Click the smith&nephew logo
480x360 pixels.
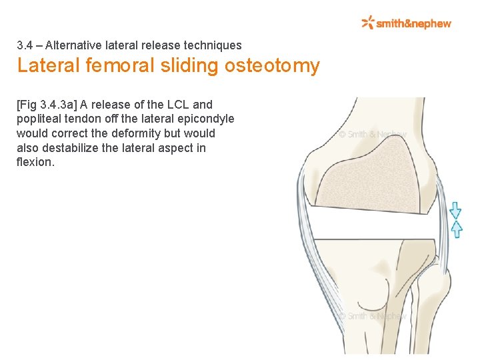tap(406, 23)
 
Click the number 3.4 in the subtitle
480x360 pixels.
tap(25, 46)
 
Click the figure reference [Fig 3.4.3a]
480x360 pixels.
tap(47, 105)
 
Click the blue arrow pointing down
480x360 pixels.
tap(455, 211)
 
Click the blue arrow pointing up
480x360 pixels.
tap(456, 229)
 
